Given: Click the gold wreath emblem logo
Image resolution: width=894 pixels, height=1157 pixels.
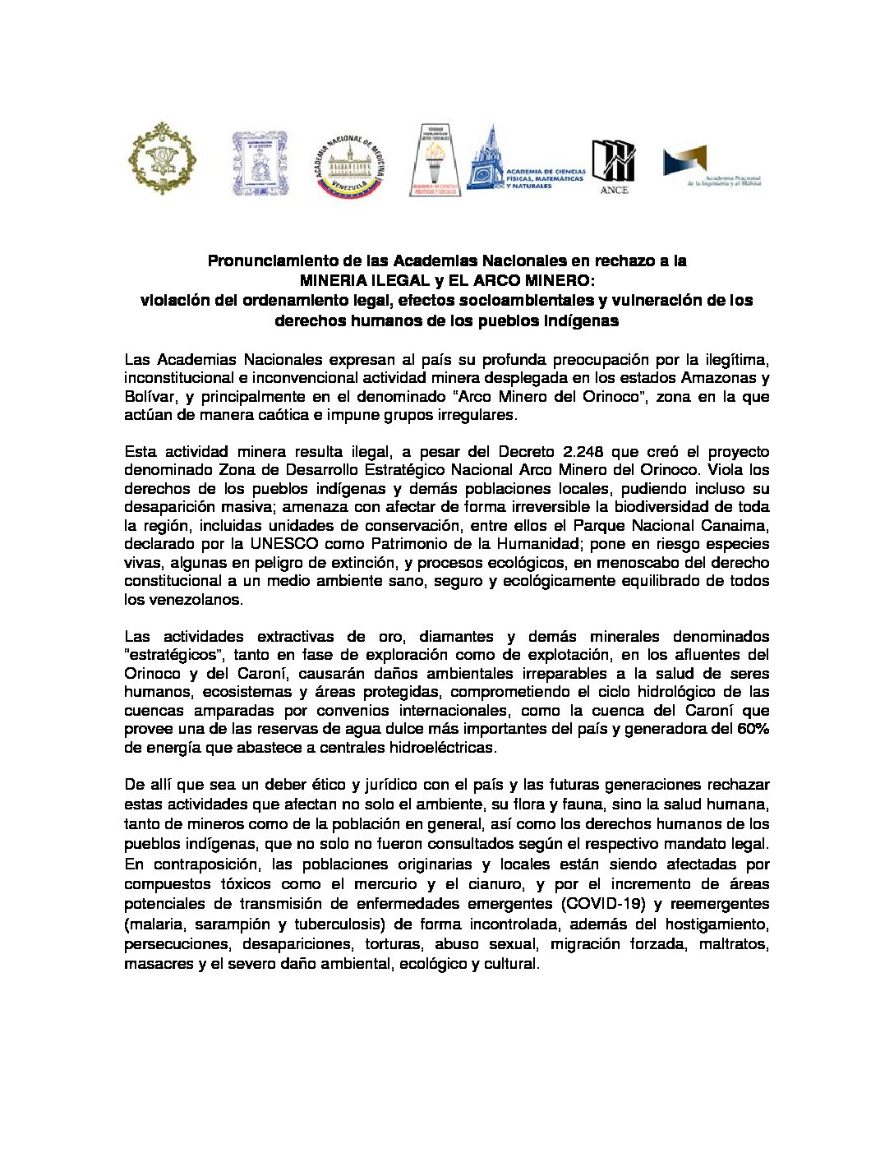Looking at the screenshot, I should pyautogui.click(x=161, y=159).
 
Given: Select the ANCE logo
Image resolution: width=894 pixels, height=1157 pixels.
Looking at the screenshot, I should pyautogui.click(x=614, y=167).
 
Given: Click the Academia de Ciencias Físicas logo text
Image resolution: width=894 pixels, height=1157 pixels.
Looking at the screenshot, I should pyautogui.click(x=546, y=178).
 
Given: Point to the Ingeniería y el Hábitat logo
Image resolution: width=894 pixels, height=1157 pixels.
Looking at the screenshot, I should pyautogui.click(x=712, y=168).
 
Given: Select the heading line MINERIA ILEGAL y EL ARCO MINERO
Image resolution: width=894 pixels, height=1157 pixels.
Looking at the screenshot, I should pyautogui.click(x=446, y=281).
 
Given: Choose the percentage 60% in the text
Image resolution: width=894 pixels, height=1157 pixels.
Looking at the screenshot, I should pyautogui.click(x=753, y=729).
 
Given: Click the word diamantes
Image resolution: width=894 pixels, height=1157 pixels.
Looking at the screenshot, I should pyautogui.click(x=454, y=637).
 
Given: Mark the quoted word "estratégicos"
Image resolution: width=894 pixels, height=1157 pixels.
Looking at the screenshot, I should pyautogui.click(x=174, y=655).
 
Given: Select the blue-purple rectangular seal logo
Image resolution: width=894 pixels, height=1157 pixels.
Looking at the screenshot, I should pyautogui.click(x=259, y=164).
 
